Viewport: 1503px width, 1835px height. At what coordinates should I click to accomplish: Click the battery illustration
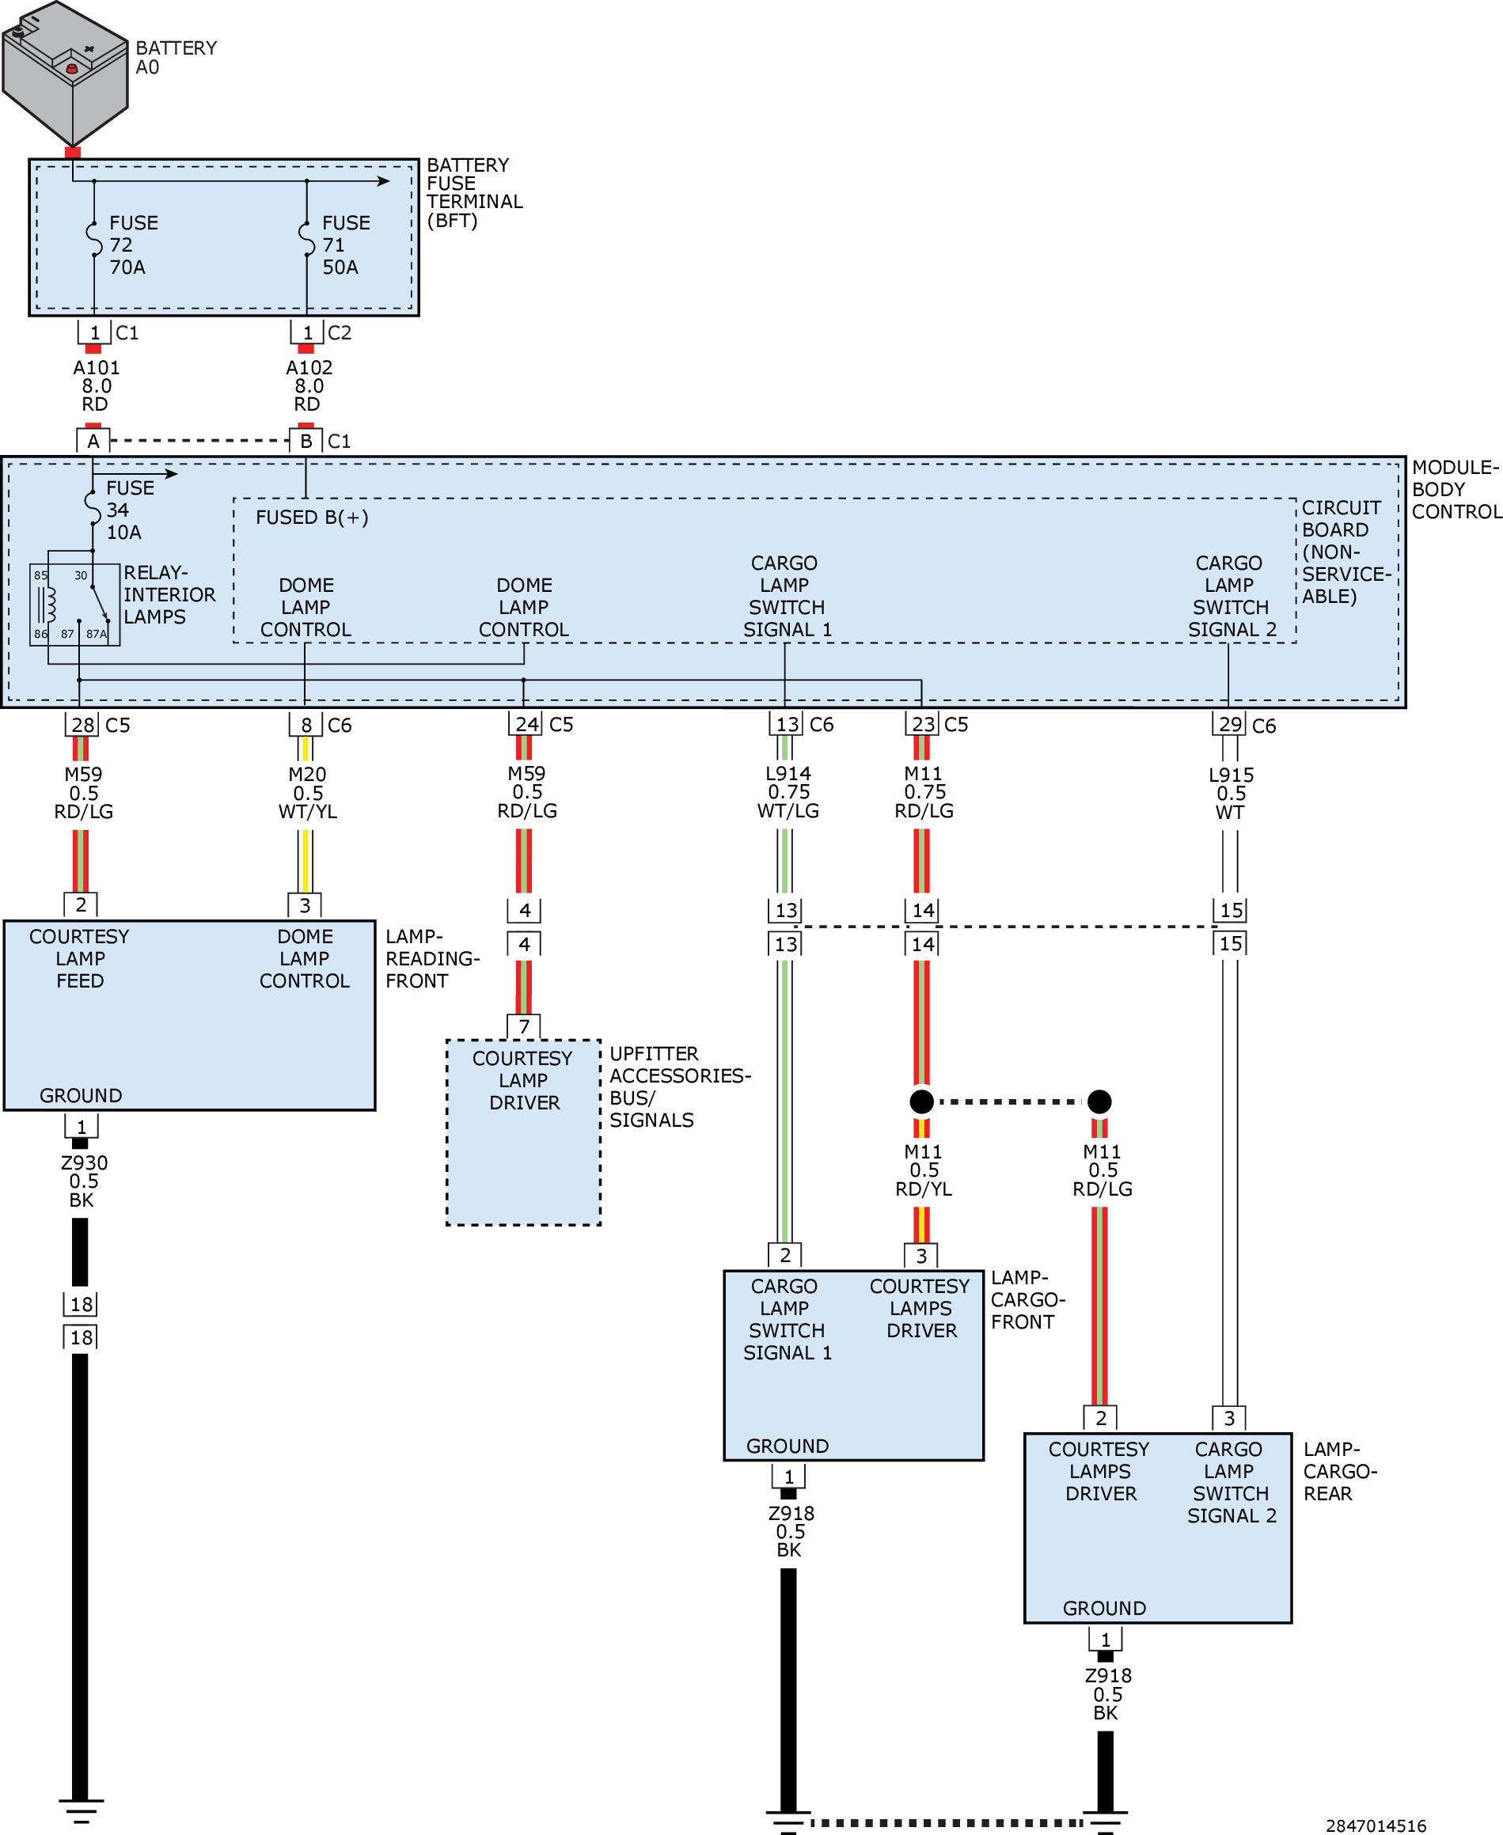[x=65, y=74]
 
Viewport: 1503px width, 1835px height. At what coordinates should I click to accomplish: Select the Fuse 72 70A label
[x=133, y=245]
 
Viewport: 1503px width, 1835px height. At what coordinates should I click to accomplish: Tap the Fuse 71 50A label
[x=347, y=245]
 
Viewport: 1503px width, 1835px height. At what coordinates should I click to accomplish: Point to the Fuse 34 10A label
[x=130, y=510]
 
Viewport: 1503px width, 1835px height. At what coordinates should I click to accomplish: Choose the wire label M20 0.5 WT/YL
[x=307, y=793]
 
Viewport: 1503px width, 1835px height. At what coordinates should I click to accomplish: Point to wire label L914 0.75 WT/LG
[x=788, y=792]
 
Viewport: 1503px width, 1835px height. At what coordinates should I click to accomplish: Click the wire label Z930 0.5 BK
[x=83, y=1181]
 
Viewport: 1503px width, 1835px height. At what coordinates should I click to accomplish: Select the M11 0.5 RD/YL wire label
[x=924, y=1170]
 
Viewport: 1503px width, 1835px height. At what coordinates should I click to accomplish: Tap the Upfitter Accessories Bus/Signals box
[x=523, y=1132]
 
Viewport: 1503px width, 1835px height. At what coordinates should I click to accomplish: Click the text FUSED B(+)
[x=312, y=518]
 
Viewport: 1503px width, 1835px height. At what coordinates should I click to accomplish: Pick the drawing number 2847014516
[x=1376, y=1826]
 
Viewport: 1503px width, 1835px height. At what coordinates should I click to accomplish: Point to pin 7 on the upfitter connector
[x=524, y=1026]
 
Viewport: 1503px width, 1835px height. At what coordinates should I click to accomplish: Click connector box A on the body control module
[x=93, y=441]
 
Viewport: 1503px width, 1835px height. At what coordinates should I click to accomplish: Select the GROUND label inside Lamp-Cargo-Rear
[x=1104, y=1608]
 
